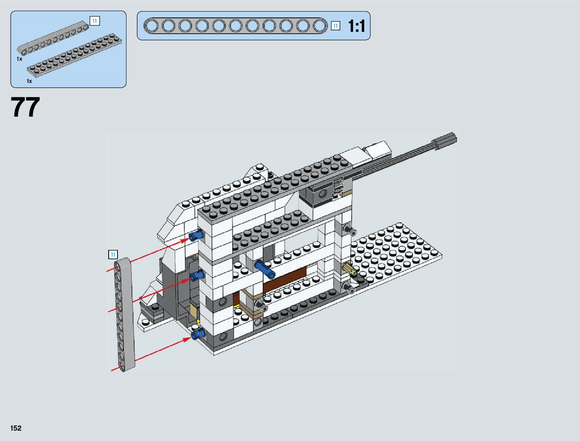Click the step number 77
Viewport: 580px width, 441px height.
[25, 107]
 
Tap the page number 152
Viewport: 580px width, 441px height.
[16, 428]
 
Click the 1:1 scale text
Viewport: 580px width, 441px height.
[357, 26]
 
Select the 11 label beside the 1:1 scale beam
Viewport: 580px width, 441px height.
[335, 26]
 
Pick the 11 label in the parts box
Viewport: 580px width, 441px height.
[95, 21]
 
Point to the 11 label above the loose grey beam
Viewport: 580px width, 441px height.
[113, 254]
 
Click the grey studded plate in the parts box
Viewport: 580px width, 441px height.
[74, 55]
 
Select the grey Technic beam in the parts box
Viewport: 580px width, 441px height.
[53, 38]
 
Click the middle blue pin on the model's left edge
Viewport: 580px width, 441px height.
[197, 275]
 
